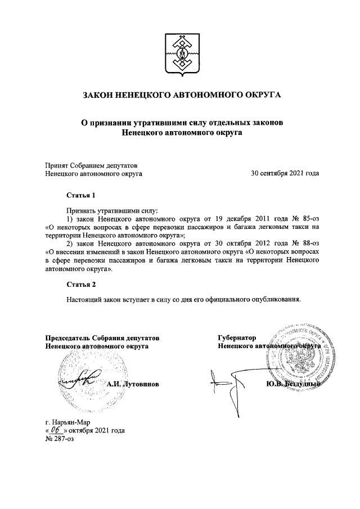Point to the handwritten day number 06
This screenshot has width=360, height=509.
pyautogui.click(x=56, y=430)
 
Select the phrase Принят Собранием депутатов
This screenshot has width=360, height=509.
pyautogui.click(x=91, y=165)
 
